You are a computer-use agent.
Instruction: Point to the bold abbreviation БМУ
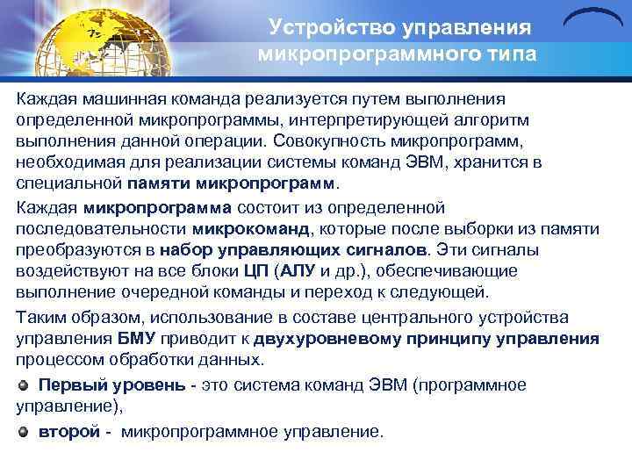138,339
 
